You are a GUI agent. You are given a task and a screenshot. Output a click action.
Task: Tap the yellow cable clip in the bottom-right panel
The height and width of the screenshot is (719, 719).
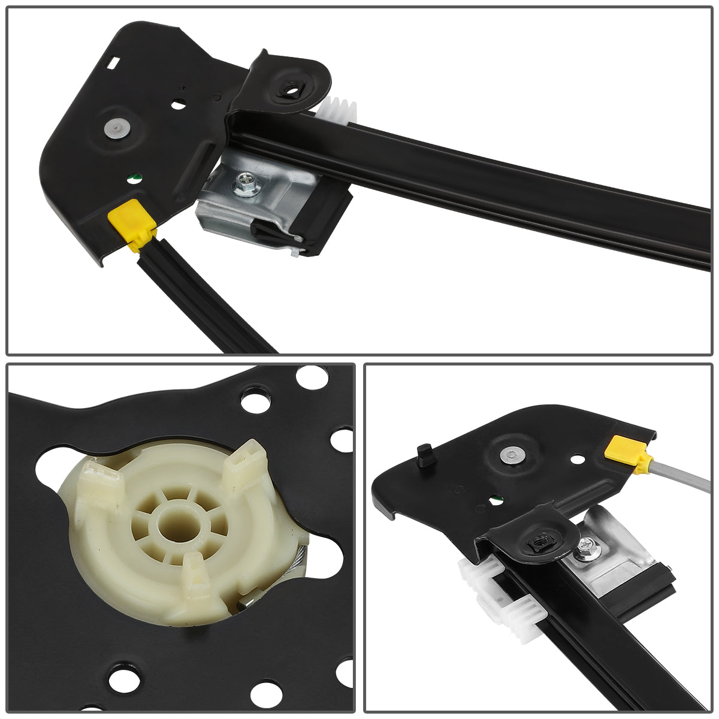click(622, 450)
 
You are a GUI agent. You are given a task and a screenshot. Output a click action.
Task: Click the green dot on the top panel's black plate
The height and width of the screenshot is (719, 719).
click(134, 177)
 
